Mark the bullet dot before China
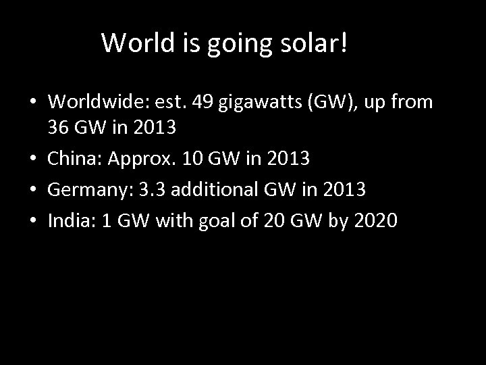click(33, 160)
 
